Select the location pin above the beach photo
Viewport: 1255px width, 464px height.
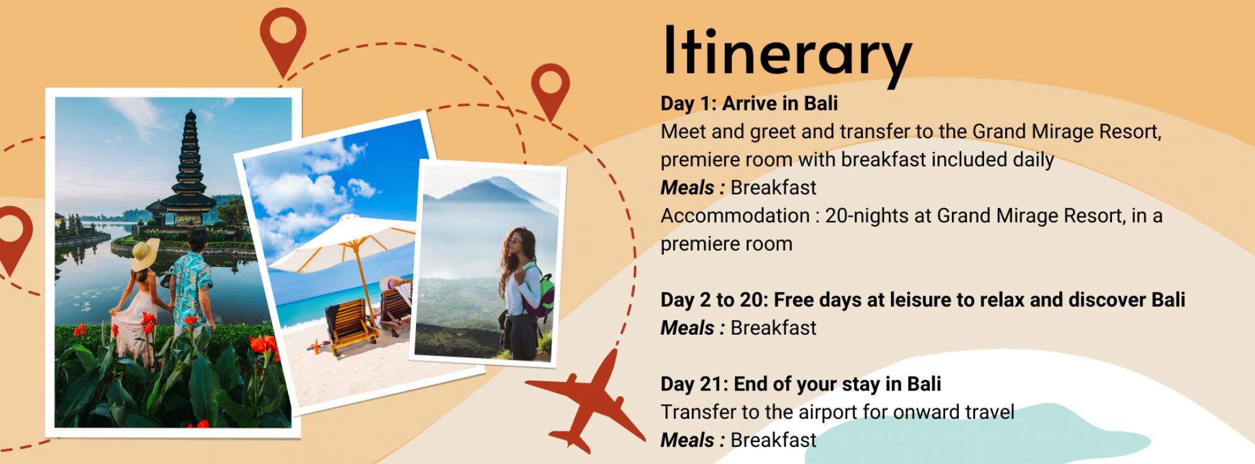[x=550, y=91]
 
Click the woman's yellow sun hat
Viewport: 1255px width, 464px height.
[x=146, y=254]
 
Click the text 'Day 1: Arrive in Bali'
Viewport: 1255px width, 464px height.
[x=749, y=104]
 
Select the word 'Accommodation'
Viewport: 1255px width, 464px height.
[x=735, y=216]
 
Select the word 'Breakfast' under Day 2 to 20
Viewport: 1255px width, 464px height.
[x=774, y=328]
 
